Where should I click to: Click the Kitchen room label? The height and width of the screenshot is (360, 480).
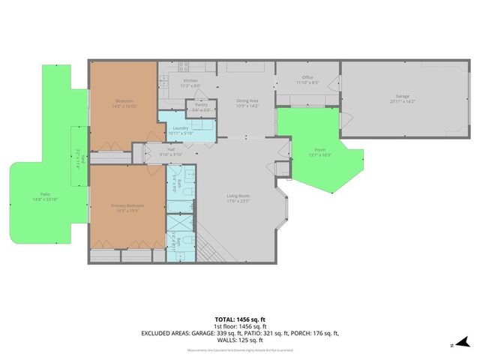(190, 79)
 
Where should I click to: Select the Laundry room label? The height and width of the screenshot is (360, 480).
(179, 128)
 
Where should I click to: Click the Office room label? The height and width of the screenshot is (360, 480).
(307, 76)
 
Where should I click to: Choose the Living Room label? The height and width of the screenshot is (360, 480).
(238, 196)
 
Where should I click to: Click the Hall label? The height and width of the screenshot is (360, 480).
(171, 149)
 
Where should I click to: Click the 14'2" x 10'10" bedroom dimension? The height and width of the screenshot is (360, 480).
(124, 105)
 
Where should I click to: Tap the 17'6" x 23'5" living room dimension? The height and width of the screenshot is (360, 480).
(238, 200)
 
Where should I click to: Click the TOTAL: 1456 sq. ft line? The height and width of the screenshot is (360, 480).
(240, 319)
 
